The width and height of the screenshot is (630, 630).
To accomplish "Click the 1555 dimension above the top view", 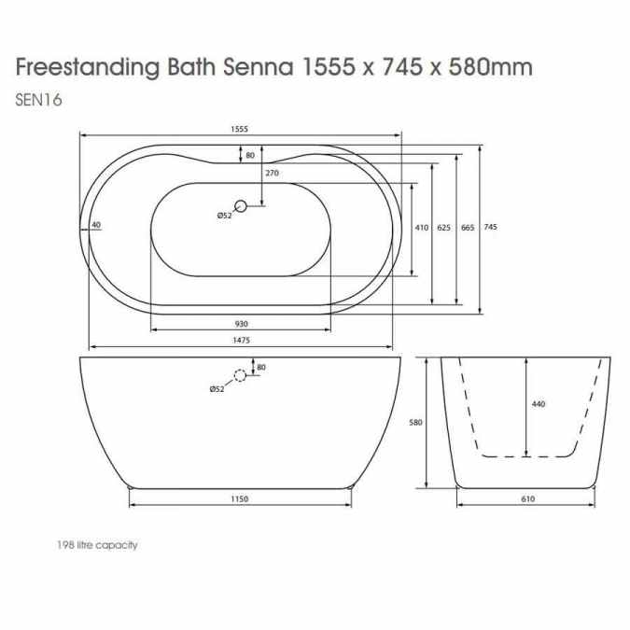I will point(241,130).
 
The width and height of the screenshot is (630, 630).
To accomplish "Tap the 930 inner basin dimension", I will point(241,323).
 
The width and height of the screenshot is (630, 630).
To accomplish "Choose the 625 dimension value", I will point(444,228).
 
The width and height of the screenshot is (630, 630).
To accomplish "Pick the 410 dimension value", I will point(421,228).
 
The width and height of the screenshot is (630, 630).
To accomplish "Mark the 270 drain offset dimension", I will point(273,174).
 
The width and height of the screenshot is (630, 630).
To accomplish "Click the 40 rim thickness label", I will point(96,225).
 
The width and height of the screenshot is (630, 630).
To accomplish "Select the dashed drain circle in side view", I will point(241,376).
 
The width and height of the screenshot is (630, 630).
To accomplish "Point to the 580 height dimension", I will point(416,422).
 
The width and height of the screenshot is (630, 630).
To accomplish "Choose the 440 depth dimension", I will point(538,404).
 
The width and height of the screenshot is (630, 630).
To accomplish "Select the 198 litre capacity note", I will point(97,545).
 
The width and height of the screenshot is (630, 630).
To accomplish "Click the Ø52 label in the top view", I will point(224,216).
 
